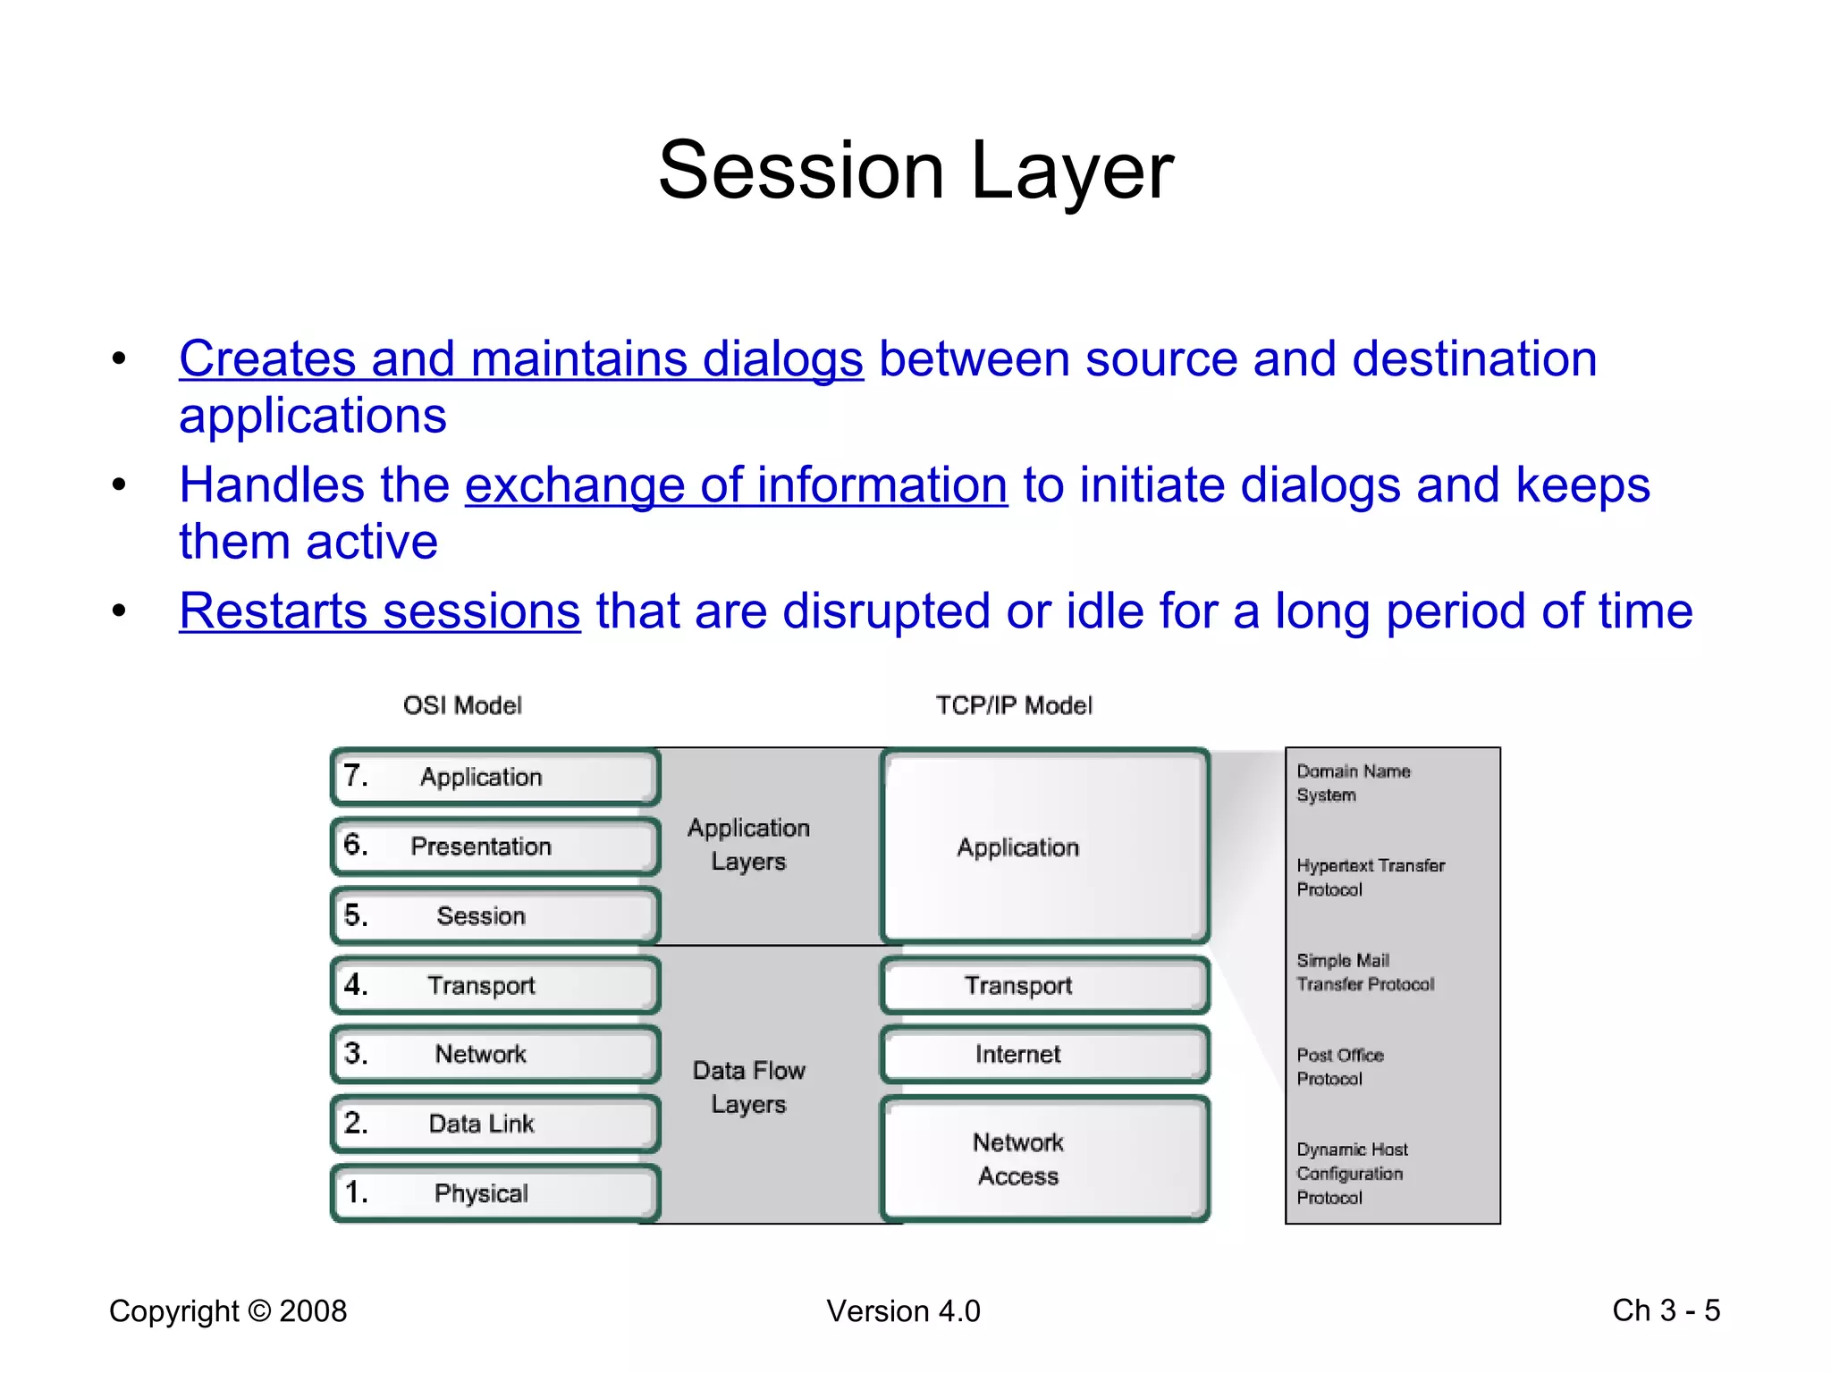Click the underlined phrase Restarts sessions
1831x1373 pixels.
(380, 611)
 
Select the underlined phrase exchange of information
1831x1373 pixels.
(736, 485)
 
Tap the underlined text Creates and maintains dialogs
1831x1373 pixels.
(521, 359)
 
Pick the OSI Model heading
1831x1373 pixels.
(462, 705)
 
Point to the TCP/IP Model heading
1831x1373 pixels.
(1014, 705)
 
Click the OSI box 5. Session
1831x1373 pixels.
(494, 915)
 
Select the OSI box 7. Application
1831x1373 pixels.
(494, 777)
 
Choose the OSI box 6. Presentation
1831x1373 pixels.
(494, 846)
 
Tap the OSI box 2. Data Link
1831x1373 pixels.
(494, 1124)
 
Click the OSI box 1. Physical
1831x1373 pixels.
(494, 1192)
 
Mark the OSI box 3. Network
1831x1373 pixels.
(494, 1054)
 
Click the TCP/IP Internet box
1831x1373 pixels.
(1044, 1054)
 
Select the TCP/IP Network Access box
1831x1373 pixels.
(1044, 1158)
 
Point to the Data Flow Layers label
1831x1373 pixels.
(748, 1087)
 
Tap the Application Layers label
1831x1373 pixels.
(748, 844)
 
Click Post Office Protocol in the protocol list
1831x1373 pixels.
(1339, 1066)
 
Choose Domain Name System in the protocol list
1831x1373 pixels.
(1353, 782)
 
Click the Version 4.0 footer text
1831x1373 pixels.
(903, 1310)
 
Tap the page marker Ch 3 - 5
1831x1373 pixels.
(1666, 1310)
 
